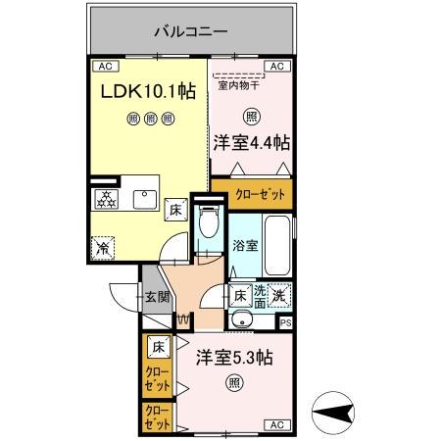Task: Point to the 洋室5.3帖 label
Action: [x=231, y=359]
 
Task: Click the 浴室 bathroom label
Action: [x=245, y=246]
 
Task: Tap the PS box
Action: [x=285, y=322]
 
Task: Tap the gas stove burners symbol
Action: [x=105, y=200]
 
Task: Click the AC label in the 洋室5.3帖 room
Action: [x=275, y=424]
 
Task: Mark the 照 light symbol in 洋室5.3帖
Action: [x=232, y=382]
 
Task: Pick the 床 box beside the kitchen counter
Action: [x=175, y=209]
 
